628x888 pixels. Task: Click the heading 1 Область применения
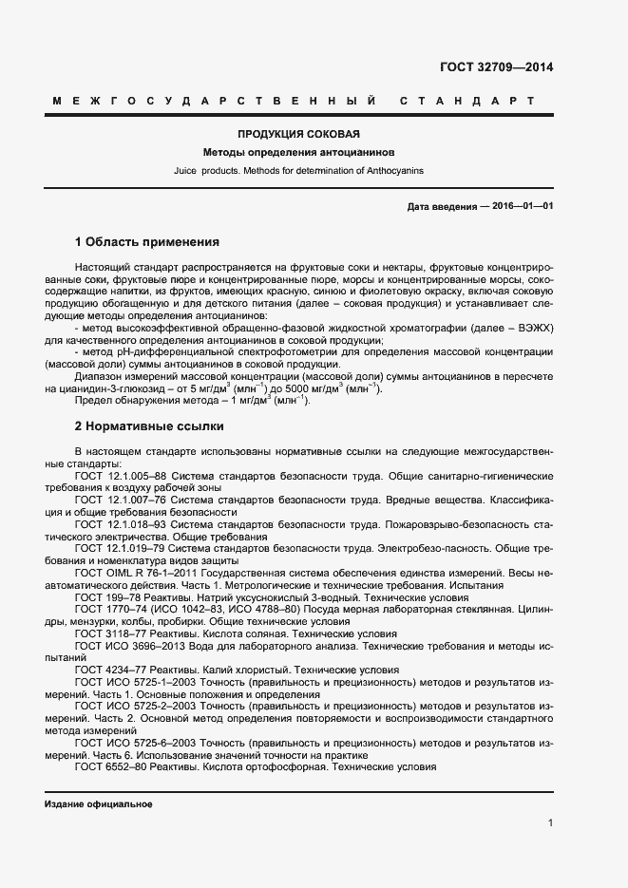pos(147,241)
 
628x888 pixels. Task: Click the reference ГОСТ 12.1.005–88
pos(121,474)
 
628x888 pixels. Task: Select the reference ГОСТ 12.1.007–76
pos(121,499)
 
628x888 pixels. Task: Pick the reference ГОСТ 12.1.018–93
pos(121,523)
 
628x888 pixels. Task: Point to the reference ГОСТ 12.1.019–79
pos(121,548)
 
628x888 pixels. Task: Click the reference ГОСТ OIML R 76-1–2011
pos(132,573)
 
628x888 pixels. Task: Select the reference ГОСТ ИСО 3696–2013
pos(124,646)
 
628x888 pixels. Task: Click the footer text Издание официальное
pos(98,804)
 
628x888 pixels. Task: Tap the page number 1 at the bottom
pos(550,823)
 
